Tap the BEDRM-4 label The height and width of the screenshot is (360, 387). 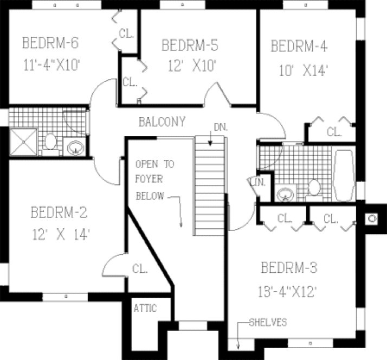(x=299, y=46)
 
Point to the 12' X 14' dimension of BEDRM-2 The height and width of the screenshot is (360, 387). (x=60, y=235)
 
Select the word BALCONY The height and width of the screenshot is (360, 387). (x=162, y=121)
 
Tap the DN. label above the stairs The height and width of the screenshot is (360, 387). (x=220, y=127)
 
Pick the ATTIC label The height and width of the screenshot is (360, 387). (x=145, y=308)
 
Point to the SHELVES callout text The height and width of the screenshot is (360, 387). (x=268, y=323)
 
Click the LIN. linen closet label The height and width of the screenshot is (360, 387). (x=257, y=183)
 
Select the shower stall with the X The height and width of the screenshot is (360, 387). (x=23, y=142)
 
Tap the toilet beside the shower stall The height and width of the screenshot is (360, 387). (x=50, y=143)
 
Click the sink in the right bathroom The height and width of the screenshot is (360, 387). (x=284, y=193)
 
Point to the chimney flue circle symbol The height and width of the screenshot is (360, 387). (x=372, y=219)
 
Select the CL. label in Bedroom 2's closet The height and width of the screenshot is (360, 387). (x=139, y=268)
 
